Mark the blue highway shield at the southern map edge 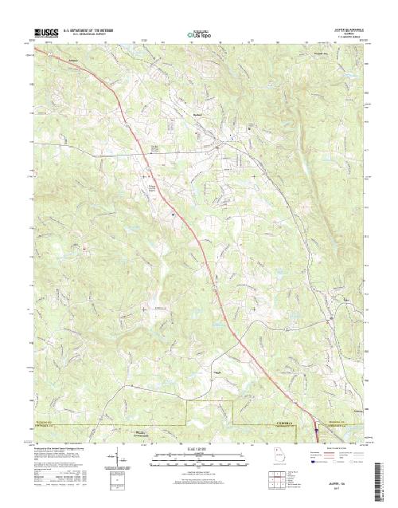(x=316, y=424)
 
